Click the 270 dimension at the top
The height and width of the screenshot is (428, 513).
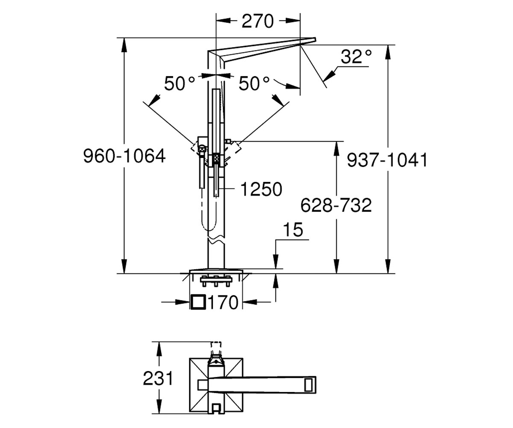pos(257,21)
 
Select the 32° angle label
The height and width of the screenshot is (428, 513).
pos(356,57)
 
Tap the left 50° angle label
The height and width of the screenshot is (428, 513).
pos(180,83)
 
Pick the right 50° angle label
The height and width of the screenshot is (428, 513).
pos(254,83)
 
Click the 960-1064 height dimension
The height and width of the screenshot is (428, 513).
pos(124,156)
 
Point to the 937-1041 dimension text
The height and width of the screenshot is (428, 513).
pos(387,160)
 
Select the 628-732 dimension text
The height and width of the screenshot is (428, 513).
pos(336,205)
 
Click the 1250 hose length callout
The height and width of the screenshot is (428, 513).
pos(261,189)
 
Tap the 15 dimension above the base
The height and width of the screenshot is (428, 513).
pos(293,230)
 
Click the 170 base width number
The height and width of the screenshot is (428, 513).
pos(223,302)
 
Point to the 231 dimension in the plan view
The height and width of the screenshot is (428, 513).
pos(158,378)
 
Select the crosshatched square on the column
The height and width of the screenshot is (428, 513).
pos(216,158)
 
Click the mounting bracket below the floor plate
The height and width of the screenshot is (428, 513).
pos(216,281)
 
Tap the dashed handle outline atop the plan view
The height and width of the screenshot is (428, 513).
pos(216,346)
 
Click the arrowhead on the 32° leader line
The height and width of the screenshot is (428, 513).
pos(330,74)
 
